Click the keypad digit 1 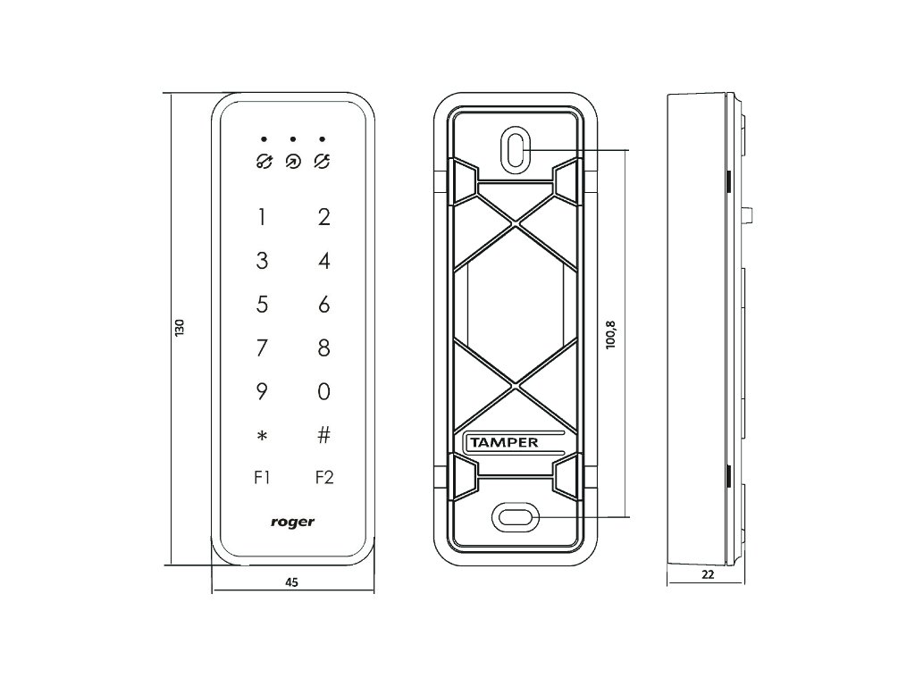(262, 217)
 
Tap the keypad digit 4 (324, 261)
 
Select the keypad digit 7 (262, 347)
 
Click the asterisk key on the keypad (262, 436)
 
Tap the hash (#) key (324, 435)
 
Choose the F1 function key (262, 478)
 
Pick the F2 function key (324, 478)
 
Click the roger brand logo (292, 522)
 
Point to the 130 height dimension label (179, 328)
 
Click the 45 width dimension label (291, 581)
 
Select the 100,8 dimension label (611, 335)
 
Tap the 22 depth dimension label (708, 575)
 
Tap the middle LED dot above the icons (292, 139)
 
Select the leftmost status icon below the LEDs (264, 162)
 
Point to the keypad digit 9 (262, 391)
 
